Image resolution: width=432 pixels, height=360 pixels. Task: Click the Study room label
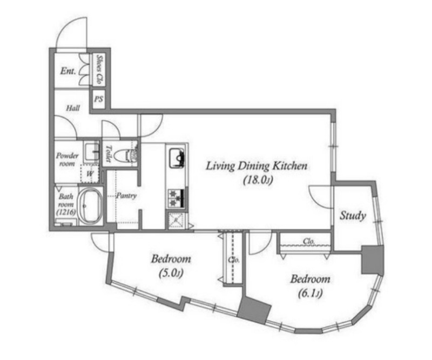353,216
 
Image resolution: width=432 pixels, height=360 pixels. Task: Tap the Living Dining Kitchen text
256,166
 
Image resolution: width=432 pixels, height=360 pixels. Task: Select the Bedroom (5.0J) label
171,265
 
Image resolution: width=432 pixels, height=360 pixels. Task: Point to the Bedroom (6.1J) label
310,286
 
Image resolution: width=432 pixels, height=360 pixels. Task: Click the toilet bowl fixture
125,155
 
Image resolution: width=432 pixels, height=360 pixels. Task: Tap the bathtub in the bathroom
90,205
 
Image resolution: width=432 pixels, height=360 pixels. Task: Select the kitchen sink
176,158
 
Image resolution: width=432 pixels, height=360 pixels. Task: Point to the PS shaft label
98,99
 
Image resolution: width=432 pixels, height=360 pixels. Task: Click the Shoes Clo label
99,69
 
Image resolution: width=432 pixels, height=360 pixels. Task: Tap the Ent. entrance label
68,71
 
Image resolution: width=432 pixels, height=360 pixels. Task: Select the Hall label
73,108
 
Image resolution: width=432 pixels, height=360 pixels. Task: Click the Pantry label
126,196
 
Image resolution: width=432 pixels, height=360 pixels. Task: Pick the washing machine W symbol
90,174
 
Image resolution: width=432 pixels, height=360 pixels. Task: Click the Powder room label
67,159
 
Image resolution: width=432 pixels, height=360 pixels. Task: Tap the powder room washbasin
91,151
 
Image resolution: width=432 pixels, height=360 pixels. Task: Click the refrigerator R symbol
176,220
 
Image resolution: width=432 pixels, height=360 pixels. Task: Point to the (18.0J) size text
258,181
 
